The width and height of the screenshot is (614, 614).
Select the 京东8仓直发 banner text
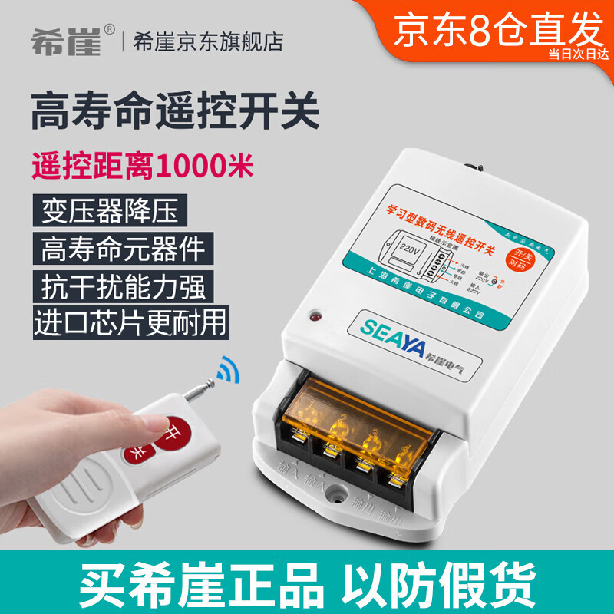498,31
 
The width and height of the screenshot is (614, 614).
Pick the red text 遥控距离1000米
142,164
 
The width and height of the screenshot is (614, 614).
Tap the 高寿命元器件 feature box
124,249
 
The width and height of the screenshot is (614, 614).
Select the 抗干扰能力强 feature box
124,287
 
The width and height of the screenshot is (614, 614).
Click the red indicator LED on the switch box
314,315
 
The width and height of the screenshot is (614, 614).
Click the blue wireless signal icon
227,369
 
